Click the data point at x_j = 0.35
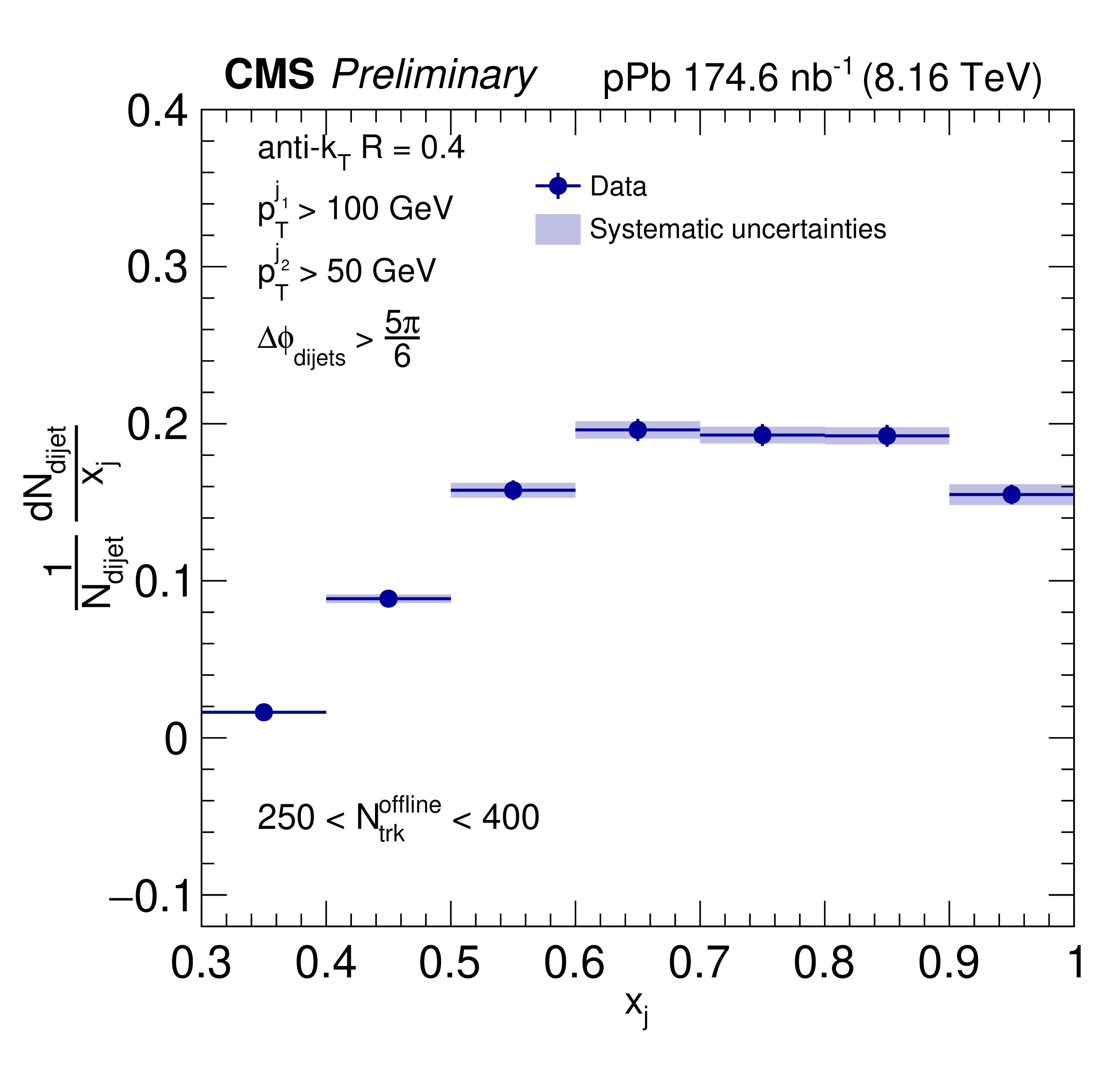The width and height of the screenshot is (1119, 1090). [x=264, y=712]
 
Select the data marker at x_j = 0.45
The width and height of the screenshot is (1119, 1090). [x=389, y=599]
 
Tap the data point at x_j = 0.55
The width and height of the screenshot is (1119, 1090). [x=513, y=490]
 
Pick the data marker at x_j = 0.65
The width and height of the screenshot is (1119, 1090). [x=638, y=430]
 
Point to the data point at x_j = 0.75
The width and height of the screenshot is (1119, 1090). [x=762, y=435]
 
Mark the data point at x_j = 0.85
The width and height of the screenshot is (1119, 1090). [x=887, y=436]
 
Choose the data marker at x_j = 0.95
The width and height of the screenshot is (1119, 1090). [x=1011, y=495]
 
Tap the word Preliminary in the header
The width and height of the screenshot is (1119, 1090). [x=434, y=76]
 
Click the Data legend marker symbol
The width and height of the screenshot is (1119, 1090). [x=558, y=186]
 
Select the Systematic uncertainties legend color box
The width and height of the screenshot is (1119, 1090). [x=558, y=230]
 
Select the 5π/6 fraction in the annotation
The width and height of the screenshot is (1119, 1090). [x=402, y=340]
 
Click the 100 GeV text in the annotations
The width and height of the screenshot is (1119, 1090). [x=389, y=209]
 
